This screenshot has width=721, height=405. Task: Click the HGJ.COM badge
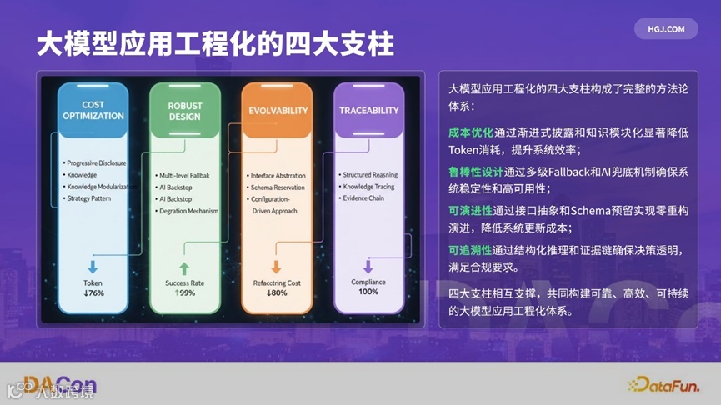pos(666,28)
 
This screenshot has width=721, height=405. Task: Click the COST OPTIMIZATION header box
pos(93,111)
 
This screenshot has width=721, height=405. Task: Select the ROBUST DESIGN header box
pos(184,111)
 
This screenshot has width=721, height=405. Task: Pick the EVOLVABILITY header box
pos(278,111)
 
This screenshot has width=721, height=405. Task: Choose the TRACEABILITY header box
pos(368,111)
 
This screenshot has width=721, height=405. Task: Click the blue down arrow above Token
pos(93,267)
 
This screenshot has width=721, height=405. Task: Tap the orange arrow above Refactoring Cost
pos(276,267)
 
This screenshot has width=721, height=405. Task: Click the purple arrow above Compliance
pos(368,267)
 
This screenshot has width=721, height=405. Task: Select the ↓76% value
pos(93,293)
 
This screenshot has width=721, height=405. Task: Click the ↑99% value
pos(184,293)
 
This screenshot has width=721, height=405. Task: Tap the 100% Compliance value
pos(368,292)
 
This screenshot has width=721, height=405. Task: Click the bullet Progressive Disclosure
pos(97,162)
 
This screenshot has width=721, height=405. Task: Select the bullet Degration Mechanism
pos(188,211)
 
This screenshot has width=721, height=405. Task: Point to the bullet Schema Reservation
pos(278,187)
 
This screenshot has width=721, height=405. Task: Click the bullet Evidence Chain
pos(364,199)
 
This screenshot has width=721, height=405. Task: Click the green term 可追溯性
pos(471,249)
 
